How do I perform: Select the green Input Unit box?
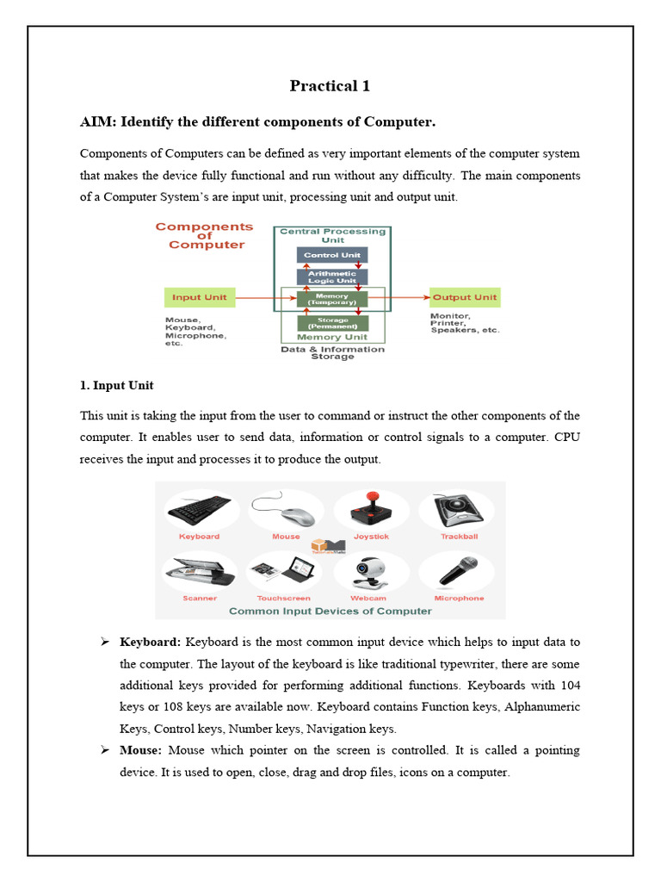(199, 298)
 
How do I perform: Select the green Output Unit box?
(464, 298)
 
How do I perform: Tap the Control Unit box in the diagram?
(332, 255)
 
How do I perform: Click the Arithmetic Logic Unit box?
(332, 276)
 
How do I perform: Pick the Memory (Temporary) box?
(332, 299)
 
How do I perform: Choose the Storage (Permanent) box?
(332, 323)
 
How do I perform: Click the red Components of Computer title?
(205, 235)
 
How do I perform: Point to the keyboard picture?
(199, 511)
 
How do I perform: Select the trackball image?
(459, 510)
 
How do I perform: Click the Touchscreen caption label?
(283, 598)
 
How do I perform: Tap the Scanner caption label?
(200, 598)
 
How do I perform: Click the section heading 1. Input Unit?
(116, 385)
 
